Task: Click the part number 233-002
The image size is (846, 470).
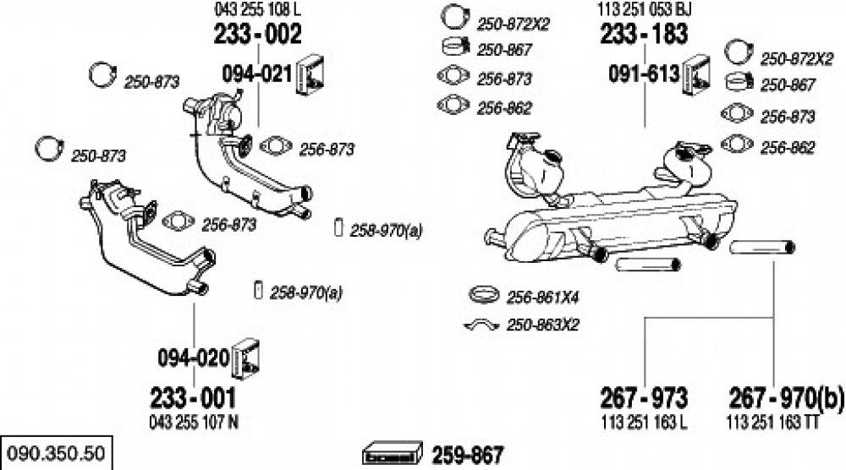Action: point(257,35)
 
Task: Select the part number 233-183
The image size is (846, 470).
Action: point(644,35)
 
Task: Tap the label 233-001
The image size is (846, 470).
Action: point(193,399)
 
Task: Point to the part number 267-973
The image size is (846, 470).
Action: point(644,399)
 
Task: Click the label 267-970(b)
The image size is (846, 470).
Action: point(786,399)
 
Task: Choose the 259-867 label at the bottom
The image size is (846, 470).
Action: point(467,456)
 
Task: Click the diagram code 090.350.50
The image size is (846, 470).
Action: point(56,453)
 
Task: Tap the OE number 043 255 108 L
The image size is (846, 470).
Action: point(257,9)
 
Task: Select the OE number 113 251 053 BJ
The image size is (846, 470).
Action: point(644,9)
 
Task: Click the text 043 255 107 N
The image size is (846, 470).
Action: point(193,422)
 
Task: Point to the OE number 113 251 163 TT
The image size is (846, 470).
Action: point(772,422)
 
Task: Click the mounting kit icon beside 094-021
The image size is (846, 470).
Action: point(310,75)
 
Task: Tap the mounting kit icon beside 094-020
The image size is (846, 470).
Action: point(245,358)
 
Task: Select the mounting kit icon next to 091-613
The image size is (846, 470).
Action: point(696,75)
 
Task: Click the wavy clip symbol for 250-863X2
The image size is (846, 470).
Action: point(481,325)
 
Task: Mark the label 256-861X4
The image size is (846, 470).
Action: point(542,297)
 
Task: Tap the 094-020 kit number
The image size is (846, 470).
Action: point(193,358)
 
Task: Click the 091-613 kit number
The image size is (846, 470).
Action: point(644,74)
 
